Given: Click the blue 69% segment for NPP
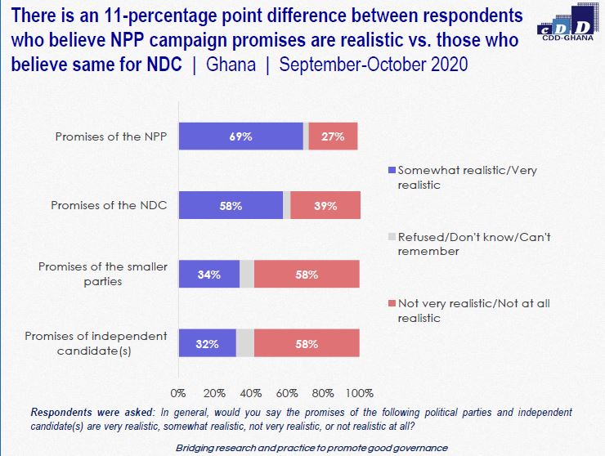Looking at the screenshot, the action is click(241, 136).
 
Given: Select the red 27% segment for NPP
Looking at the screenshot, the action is click(333, 136).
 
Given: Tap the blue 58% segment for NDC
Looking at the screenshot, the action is click(231, 205).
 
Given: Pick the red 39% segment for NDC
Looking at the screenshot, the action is click(325, 205).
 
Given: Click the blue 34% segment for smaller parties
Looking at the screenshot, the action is click(209, 274).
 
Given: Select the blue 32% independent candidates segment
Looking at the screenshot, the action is click(208, 343).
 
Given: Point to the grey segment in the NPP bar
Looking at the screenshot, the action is click(306, 136).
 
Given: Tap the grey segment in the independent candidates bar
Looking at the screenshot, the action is click(245, 343).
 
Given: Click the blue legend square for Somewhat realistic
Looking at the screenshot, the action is click(392, 170).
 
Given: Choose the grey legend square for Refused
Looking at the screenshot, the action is click(392, 237).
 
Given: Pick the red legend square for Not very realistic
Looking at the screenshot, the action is click(392, 304).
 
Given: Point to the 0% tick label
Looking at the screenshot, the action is click(178, 393).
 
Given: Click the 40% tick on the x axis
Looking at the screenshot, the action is click(251, 393).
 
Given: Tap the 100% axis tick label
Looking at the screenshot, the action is click(360, 393).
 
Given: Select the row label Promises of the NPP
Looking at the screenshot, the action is click(111, 136).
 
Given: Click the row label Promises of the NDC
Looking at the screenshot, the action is click(109, 205).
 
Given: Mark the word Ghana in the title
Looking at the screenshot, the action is click(231, 65).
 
